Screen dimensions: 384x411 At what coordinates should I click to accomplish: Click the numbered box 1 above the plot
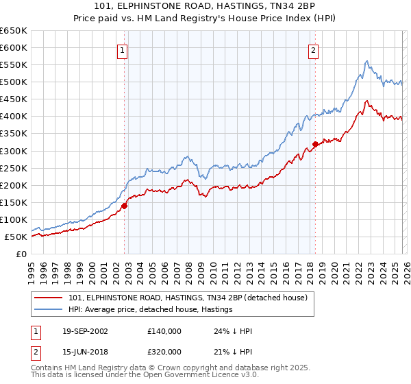[x=122, y=49]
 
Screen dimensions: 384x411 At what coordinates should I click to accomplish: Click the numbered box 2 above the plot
[x=313, y=49]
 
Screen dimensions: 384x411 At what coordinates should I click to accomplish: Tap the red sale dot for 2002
[x=125, y=205]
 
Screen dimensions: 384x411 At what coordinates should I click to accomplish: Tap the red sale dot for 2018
[x=315, y=144]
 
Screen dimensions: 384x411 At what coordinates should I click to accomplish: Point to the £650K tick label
[x=14, y=31]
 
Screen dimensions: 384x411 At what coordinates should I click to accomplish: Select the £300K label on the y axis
[x=14, y=151]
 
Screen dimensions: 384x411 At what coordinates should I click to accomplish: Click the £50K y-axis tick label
[x=16, y=237]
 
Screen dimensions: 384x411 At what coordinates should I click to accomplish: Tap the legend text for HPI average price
[x=151, y=310]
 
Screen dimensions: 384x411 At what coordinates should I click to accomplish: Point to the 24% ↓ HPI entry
[x=233, y=331]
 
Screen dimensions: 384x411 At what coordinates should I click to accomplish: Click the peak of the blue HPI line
[x=366, y=61]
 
